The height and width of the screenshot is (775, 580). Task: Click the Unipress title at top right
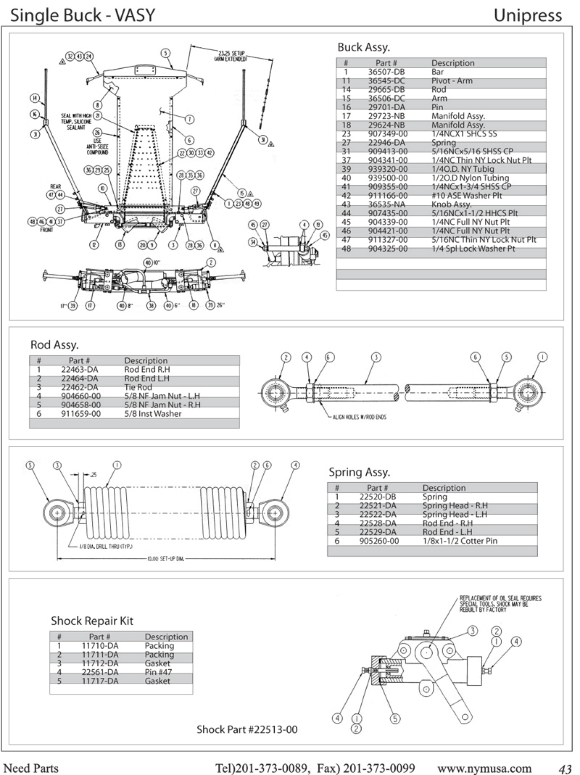tap(527, 16)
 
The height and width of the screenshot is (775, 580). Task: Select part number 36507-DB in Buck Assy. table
tap(386, 72)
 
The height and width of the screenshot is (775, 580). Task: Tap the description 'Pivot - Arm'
tap(452, 81)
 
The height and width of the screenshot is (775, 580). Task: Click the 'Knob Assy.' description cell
tap(451, 204)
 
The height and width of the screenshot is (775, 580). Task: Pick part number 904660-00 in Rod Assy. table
tap(81, 396)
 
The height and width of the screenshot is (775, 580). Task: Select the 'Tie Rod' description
tap(138, 387)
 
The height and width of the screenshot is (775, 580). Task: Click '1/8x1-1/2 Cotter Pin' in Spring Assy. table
tap(460, 541)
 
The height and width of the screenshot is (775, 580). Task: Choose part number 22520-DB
tap(377, 497)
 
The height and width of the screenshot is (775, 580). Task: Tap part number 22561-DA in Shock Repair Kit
tap(100, 672)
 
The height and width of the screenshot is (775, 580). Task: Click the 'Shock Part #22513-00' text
tap(247, 729)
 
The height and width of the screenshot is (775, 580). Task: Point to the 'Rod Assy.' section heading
tap(54, 345)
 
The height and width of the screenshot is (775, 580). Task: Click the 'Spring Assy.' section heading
tap(359, 472)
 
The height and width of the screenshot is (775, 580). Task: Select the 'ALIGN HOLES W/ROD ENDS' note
tap(360, 417)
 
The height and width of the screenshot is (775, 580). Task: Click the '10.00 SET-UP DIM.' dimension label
tap(166, 559)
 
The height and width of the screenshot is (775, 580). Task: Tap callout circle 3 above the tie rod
tap(376, 357)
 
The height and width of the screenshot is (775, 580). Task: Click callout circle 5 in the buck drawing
tap(166, 53)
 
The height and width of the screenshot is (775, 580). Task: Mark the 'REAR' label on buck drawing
tap(56, 186)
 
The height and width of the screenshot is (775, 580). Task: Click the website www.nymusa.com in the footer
tap(484, 768)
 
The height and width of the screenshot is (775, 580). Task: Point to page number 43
tap(565, 769)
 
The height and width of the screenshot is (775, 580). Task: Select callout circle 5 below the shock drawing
tap(395, 718)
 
